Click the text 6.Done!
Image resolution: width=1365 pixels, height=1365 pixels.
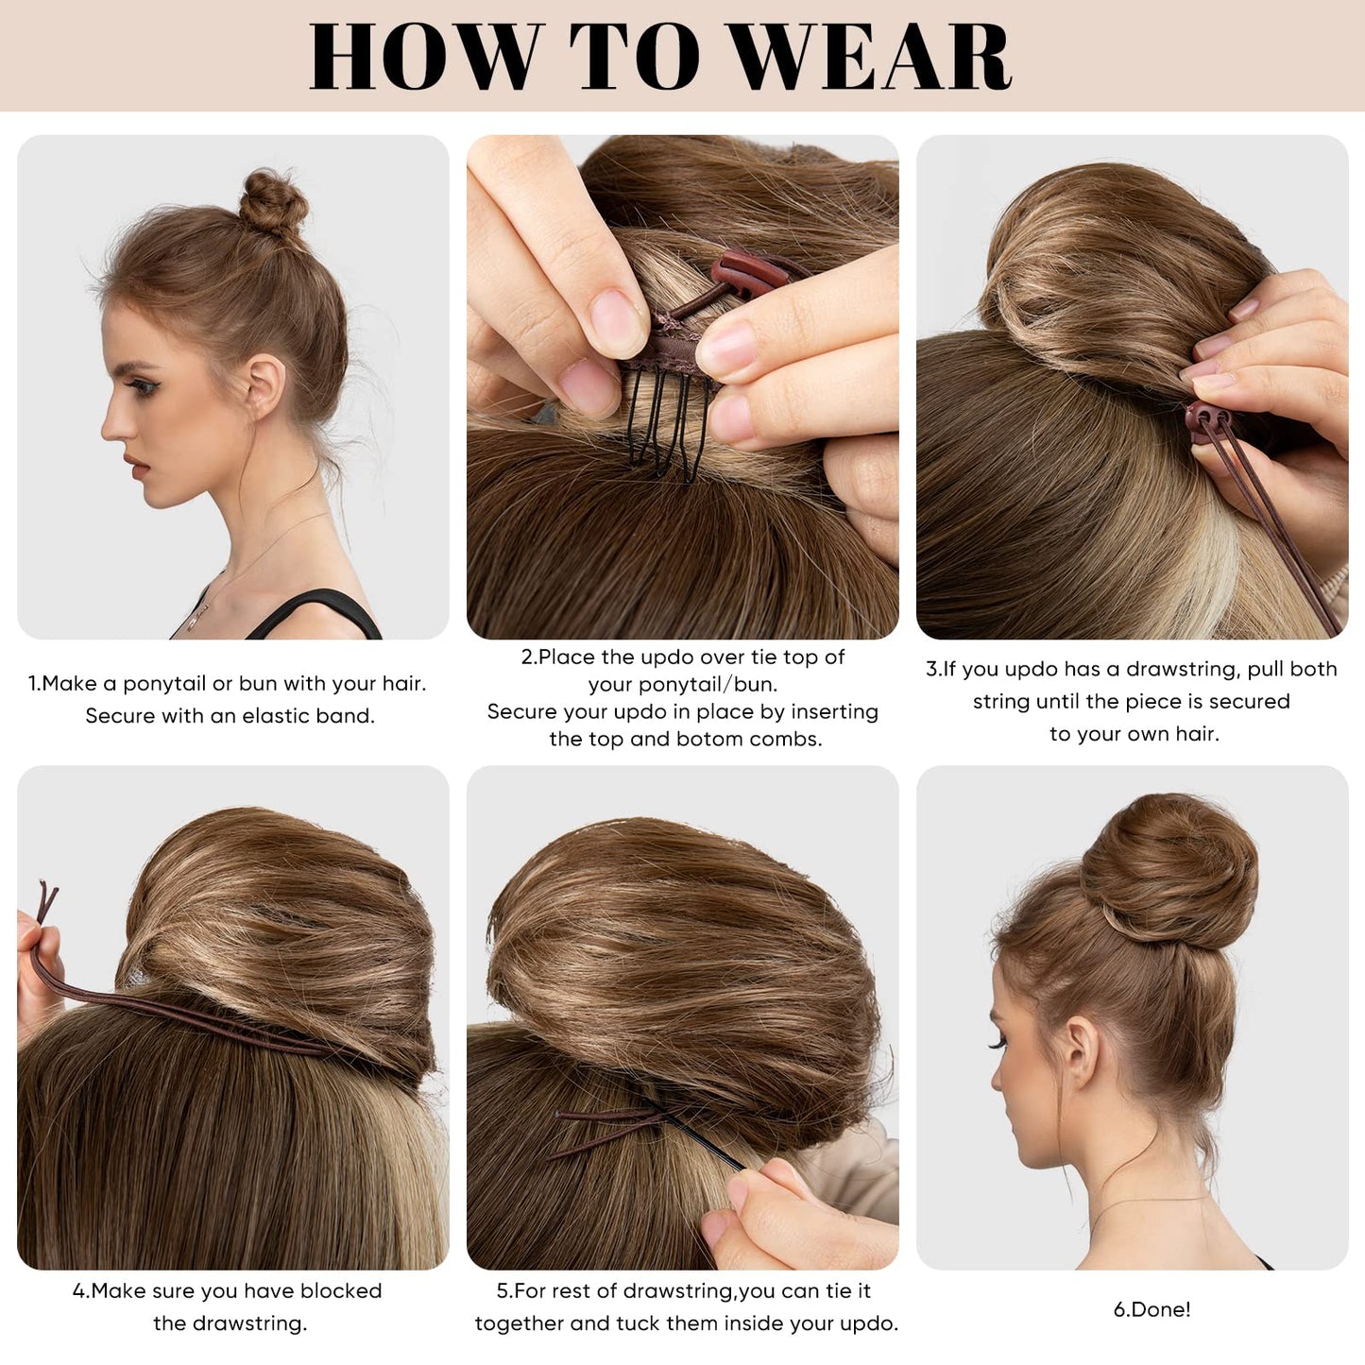[1152, 1309]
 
